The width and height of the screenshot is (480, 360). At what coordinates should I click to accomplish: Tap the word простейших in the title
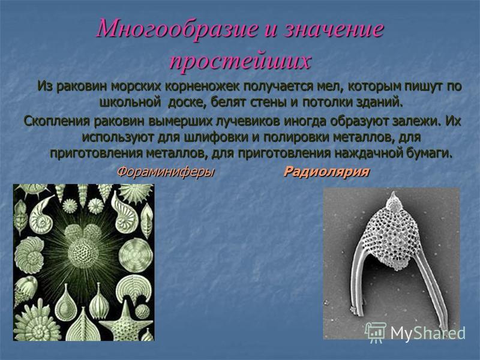pyautogui.click(x=241, y=61)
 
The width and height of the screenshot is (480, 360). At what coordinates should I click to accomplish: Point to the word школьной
pyautogui.click(x=130, y=102)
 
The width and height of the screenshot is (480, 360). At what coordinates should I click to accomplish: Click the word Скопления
pyautogui.click(x=56, y=121)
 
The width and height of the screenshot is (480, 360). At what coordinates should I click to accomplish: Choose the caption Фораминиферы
pyautogui.click(x=166, y=172)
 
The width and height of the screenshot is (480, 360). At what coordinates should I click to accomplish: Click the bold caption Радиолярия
pyautogui.click(x=326, y=172)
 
